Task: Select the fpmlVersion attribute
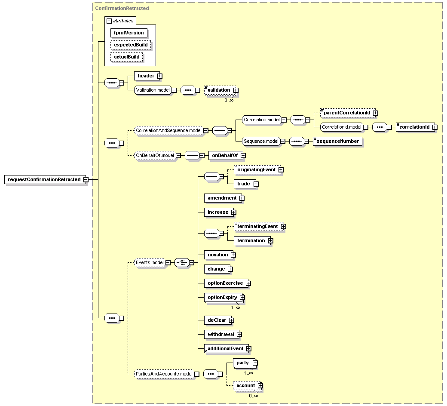tap(129, 33)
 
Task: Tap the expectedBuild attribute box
tap(131, 45)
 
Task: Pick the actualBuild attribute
tap(126, 57)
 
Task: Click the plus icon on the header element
tap(160, 76)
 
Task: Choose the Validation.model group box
tap(153, 90)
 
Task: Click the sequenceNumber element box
tap(337, 141)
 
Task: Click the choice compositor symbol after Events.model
tap(182, 262)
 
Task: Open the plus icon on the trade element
tap(256, 184)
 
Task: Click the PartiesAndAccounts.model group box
tap(164, 374)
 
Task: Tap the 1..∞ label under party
tap(248, 373)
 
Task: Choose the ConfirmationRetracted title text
tap(122, 8)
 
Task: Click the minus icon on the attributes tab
tap(109, 21)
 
